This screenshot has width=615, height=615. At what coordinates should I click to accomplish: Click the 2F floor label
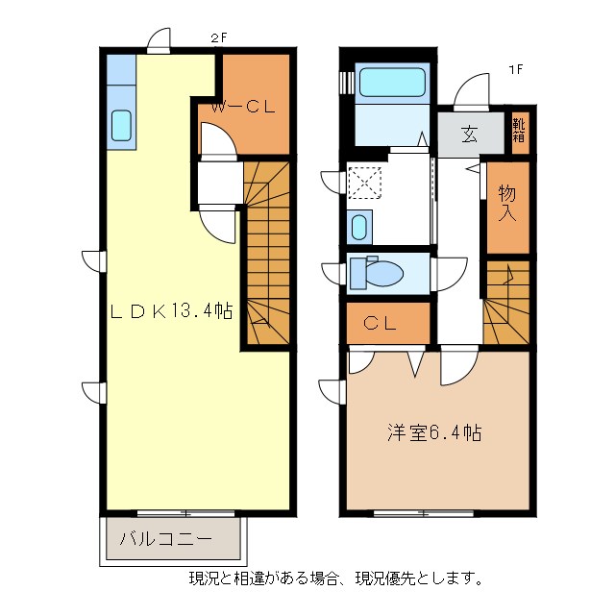[218, 39]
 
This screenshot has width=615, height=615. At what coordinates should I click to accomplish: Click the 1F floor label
[515, 69]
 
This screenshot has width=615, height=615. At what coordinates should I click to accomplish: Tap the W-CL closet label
[244, 108]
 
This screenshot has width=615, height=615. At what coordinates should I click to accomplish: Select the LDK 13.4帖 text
[171, 310]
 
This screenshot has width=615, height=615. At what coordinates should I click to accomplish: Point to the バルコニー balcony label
[165, 539]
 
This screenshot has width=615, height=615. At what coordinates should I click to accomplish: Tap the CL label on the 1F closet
[381, 324]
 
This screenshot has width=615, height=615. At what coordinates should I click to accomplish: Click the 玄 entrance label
[469, 135]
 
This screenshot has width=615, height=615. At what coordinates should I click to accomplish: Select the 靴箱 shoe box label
[519, 130]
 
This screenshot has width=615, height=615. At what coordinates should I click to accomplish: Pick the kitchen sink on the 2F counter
[123, 125]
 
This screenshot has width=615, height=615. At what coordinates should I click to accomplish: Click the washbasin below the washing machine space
[358, 229]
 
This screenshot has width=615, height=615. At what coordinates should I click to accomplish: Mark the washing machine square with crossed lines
[365, 182]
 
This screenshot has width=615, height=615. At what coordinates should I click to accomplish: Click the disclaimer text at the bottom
[334, 578]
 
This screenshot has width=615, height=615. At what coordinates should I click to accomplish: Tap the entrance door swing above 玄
[473, 94]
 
